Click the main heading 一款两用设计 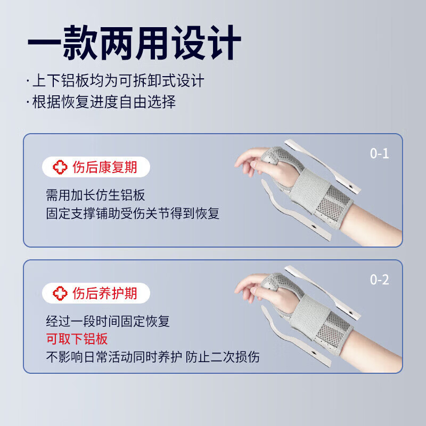134,42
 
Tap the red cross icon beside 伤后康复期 60,167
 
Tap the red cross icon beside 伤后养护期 60,292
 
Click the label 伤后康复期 104,167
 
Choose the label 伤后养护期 104,292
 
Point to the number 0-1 380,154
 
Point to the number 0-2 380,280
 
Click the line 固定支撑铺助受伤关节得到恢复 133,214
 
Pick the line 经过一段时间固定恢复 108,321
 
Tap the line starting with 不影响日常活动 153,357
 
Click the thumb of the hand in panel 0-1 259,160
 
